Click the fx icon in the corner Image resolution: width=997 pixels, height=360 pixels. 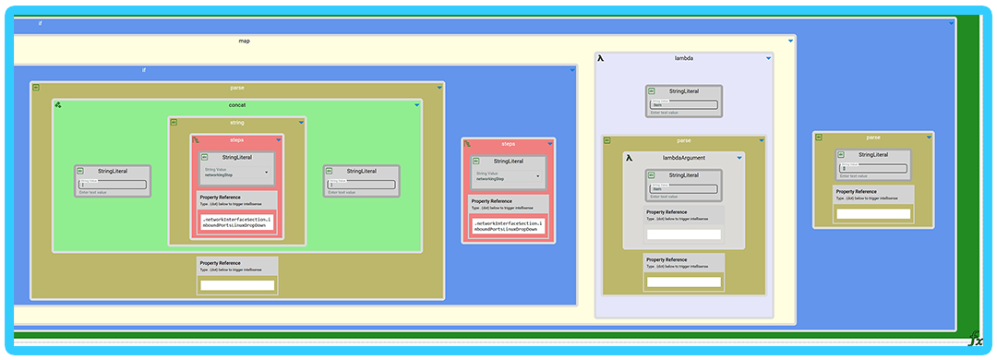[975, 340]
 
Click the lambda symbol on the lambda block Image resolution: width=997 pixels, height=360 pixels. [601, 58]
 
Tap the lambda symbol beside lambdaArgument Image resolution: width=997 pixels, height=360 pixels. [629, 158]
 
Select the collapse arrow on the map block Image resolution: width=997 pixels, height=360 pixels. [791, 42]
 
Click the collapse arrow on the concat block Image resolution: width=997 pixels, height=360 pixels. [416, 105]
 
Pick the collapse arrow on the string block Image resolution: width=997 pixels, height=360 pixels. [302, 123]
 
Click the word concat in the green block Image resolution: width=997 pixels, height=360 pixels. [237, 105]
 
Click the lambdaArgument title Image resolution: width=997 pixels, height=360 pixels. [683, 158]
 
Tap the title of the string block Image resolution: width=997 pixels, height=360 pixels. [237, 123]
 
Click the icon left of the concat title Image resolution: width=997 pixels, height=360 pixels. [58, 105]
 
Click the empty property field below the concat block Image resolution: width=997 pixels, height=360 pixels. [237, 285]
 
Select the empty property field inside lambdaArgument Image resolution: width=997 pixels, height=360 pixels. [683, 234]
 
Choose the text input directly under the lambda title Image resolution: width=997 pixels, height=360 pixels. [683, 105]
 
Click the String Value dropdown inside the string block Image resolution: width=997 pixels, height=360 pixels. [237, 174]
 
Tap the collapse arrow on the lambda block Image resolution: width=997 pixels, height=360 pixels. [767, 58]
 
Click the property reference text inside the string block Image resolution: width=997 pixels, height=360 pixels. [237, 222]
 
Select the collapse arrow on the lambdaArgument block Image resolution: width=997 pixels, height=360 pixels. [739, 158]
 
